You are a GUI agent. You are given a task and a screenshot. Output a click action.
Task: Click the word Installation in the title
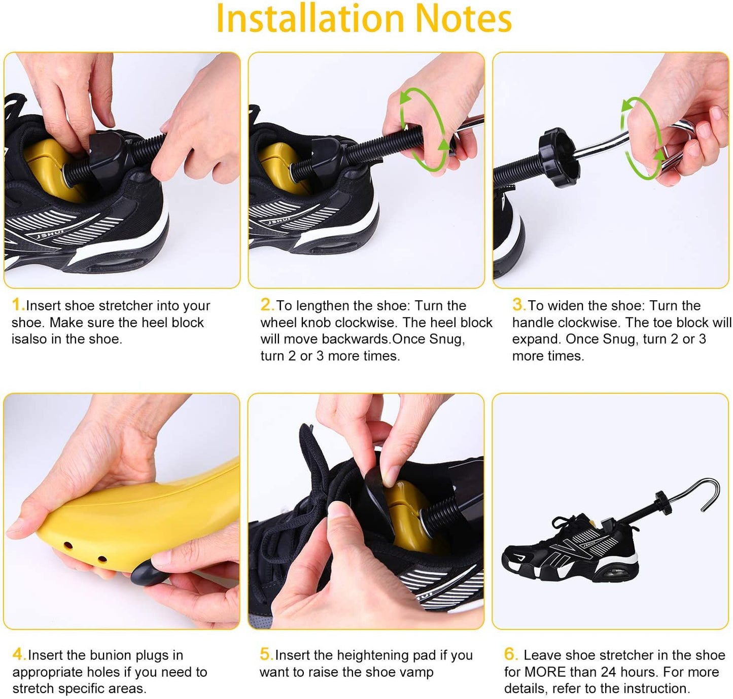[x=310, y=19]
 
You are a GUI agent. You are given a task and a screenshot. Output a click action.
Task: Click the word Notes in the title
[x=463, y=19]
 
